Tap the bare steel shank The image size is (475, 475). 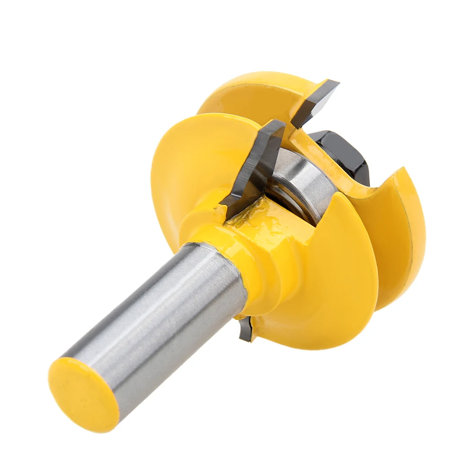click(157, 323)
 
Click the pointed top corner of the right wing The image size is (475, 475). click(403, 169)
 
